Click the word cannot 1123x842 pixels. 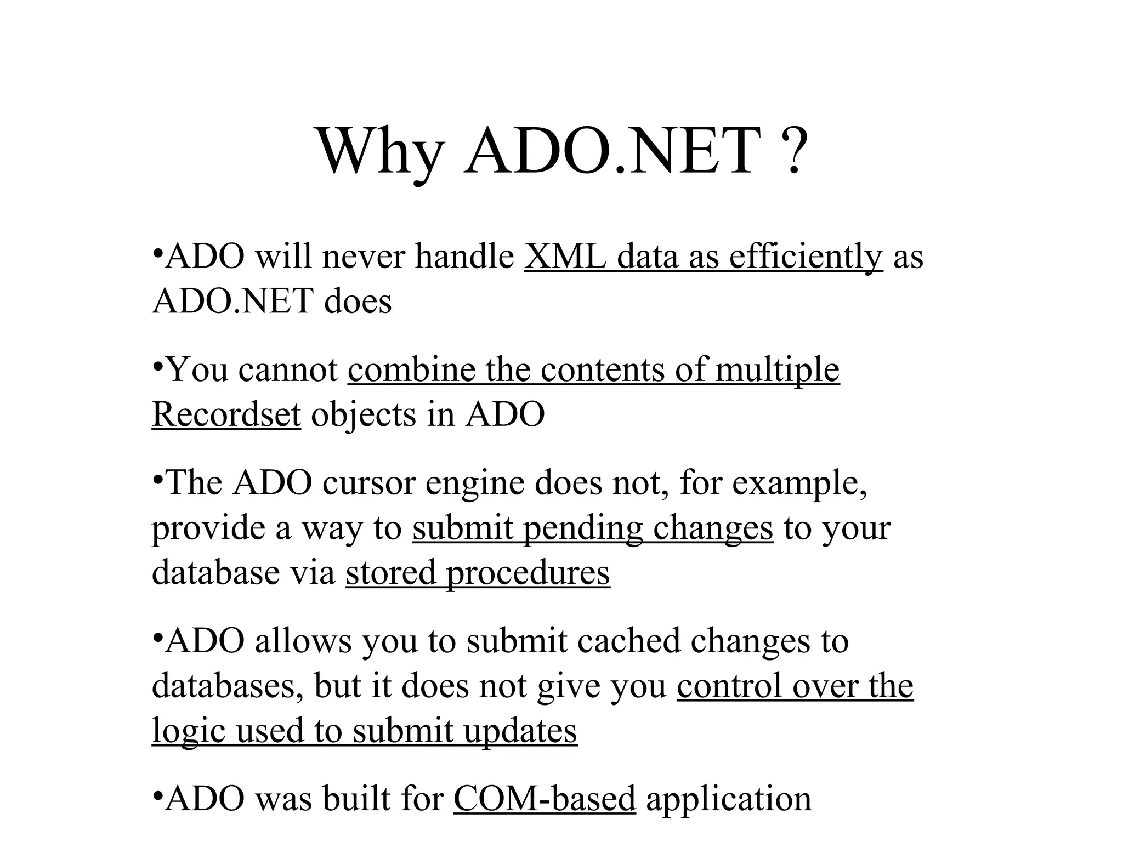pyautogui.click(x=288, y=370)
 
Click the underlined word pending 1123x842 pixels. pyautogui.click(x=582, y=528)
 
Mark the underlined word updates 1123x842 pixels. pyautogui.click(x=520, y=731)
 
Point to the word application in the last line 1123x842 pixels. pyautogui.click(x=728, y=799)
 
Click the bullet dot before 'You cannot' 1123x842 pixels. pyautogui.click(x=157, y=365)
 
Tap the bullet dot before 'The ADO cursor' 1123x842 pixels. pyautogui.click(x=157, y=477)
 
